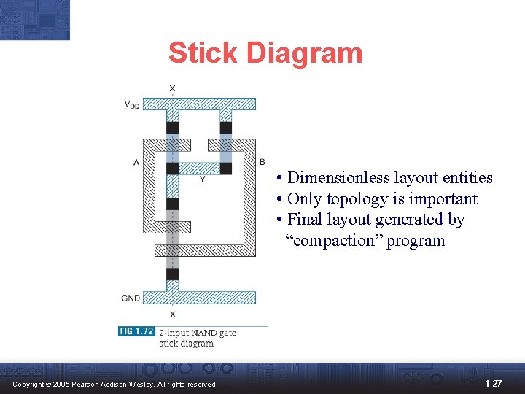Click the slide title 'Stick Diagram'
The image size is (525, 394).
pos(265,53)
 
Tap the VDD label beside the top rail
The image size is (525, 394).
pos(131,104)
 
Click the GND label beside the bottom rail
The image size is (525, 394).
pos(131,298)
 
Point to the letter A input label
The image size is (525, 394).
pos(136,162)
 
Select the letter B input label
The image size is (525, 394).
pos(262,162)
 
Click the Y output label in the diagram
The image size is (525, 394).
pos(202,179)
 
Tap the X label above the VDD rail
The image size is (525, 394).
pos(172,89)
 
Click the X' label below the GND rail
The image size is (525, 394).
pos(173,314)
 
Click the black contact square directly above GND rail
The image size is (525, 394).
pos(172,274)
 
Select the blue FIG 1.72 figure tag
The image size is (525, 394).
pos(136,331)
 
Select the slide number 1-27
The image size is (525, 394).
pos(493,383)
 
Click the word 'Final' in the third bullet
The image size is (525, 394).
pos(305,220)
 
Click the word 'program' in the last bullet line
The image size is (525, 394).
pos(415,241)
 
